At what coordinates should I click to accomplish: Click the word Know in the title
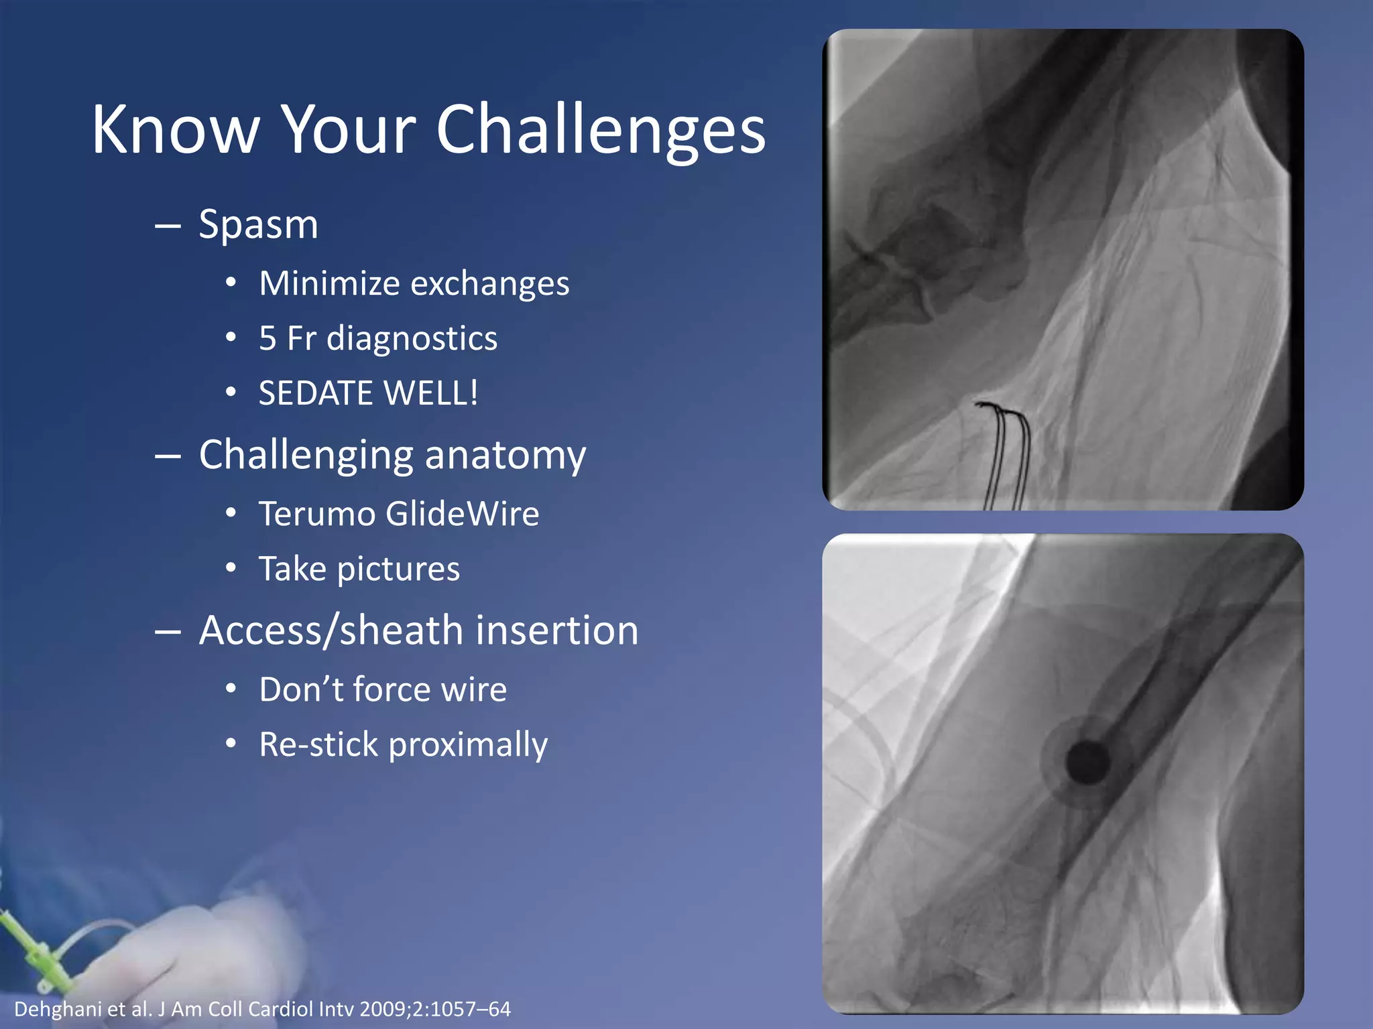click(176, 131)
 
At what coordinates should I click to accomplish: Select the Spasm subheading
click(258, 224)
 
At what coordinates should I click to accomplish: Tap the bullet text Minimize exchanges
click(414, 283)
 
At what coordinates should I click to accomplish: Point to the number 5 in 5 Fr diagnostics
click(267, 338)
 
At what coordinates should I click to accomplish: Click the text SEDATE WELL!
click(368, 393)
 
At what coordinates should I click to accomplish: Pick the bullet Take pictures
click(359, 569)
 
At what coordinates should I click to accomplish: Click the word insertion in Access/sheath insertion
click(556, 631)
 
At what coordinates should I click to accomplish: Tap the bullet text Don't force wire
click(383, 690)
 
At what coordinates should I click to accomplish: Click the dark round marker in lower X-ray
click(1087, 763)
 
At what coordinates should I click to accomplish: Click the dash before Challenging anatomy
click(168, 456)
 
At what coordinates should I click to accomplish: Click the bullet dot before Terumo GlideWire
click(231, 514)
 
